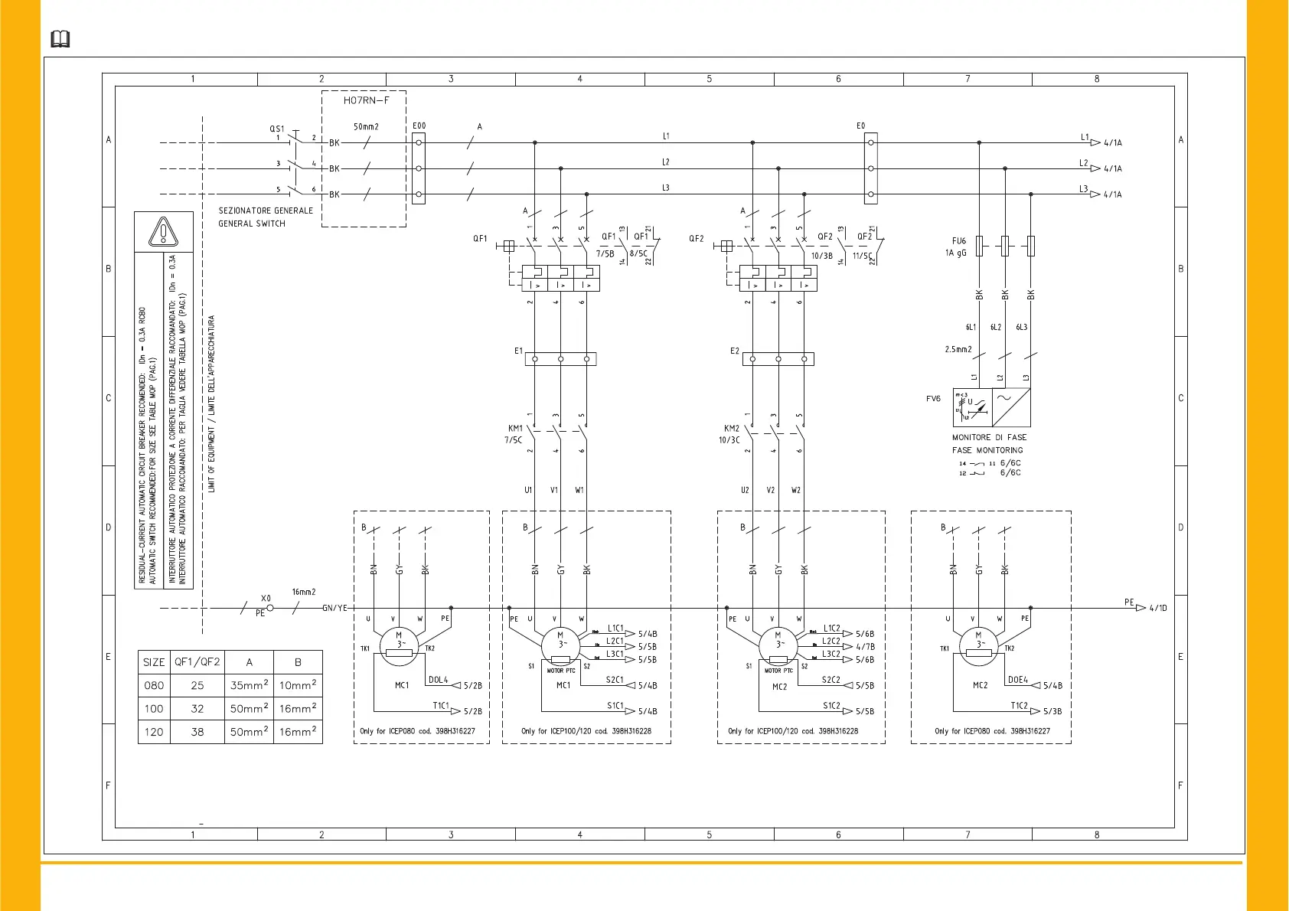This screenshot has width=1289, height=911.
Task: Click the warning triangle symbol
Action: point(163,231)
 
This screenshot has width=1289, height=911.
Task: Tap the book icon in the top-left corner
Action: point(60,39)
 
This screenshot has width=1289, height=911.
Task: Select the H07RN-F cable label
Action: point(366,100)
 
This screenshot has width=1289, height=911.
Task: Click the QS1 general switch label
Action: point(276,129)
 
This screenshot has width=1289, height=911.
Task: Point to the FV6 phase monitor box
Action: point(991,407)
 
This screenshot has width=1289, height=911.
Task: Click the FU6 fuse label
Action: point(958,241)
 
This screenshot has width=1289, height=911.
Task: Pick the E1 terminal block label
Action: point(518,351)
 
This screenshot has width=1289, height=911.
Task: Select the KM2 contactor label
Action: point(732,429)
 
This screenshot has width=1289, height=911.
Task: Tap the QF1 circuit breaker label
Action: point(480,239)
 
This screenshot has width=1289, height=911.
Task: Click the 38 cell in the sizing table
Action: point(197,732)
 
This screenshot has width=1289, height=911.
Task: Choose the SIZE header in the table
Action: point(154,662)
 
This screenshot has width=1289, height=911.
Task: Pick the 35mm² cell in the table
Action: point(249,685)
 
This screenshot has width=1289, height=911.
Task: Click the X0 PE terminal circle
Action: point(269,609)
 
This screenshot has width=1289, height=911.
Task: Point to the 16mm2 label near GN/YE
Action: point(303,592)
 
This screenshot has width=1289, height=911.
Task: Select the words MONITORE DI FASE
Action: point(989,438)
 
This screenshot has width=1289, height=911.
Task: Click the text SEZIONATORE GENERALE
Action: point(266,211)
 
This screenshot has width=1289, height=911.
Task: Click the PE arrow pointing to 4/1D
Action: point(1141,608)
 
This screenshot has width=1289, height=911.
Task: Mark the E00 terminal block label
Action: point(419,126)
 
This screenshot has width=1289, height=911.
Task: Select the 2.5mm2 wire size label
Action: point(958,349)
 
